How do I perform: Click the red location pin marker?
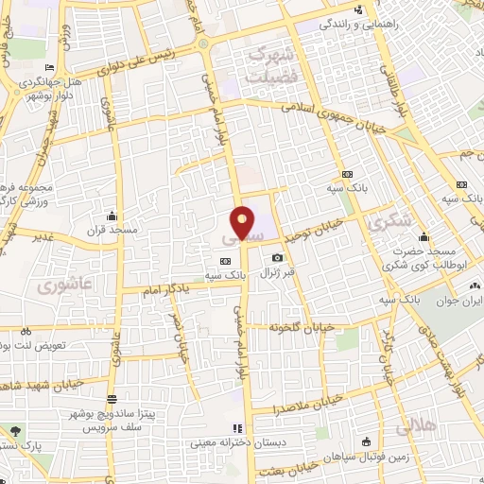click(x=243, y=222)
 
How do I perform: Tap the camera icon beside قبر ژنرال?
click(x=276, y=257)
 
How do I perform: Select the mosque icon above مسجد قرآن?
click(x=114, y=216)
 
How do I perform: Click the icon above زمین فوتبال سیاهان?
click(x=367, y=441)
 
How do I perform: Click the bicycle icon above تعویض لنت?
click(x=26, y=332)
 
